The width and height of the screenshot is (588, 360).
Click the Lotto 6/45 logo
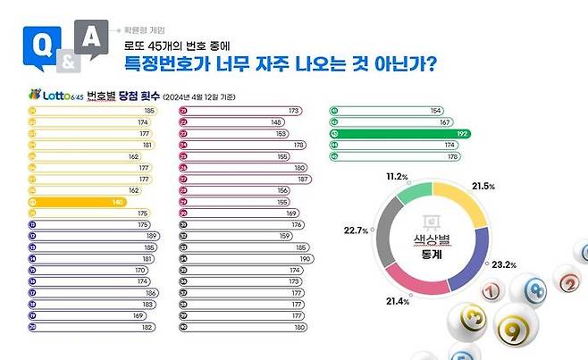point(46,95)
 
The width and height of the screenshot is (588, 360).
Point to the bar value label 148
point(277,121)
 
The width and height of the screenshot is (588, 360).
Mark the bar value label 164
point(435,110)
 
